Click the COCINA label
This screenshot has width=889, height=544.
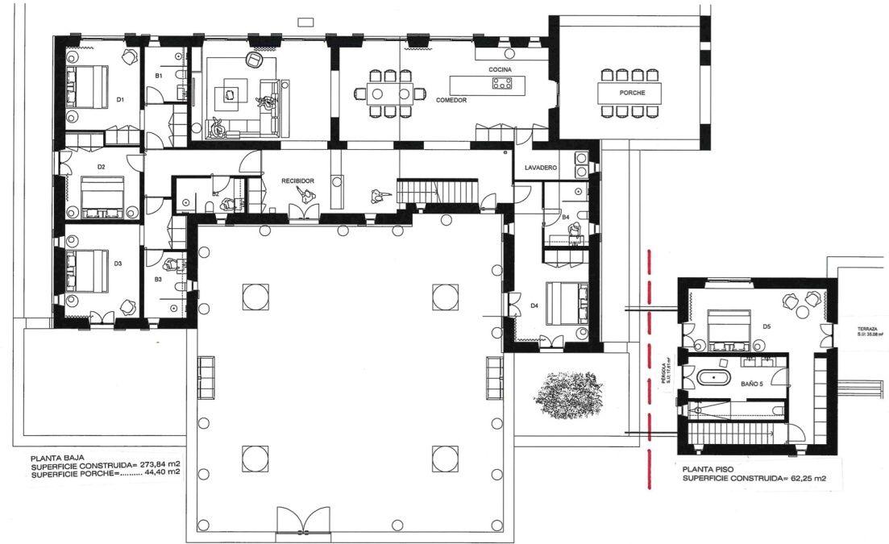tap(500, 71)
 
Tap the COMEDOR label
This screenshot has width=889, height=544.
tap(452, 100)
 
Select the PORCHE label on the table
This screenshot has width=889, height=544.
tap(632, 93)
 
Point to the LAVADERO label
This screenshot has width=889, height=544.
tap(541, 168)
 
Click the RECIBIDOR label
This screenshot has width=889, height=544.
tap(297, 181)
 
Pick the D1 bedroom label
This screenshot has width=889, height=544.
tap(119, 99)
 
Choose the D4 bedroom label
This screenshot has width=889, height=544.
tap(534, 305)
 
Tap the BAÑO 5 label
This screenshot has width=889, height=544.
tap(752, 384)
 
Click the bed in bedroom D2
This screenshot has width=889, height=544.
tap(102, 197)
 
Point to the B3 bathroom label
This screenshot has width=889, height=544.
tap(159, 279)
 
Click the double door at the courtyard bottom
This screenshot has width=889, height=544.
tap(303, 521)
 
